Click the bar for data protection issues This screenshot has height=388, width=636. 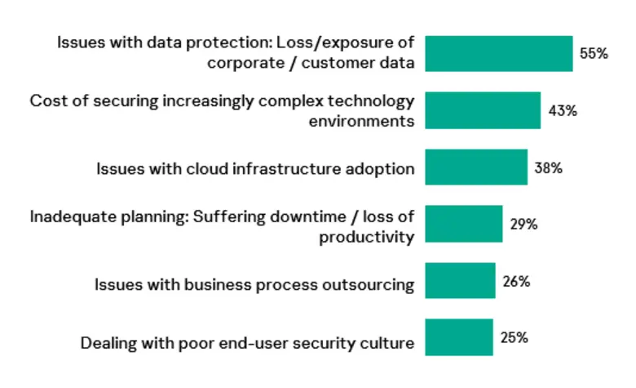[498, 54]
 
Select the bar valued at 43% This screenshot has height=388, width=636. [483, 110]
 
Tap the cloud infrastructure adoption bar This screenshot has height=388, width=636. [476, 167]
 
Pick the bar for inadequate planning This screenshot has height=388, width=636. [464, 224]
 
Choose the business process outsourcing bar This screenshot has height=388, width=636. [460, 281]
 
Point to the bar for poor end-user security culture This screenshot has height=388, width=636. [459, 337]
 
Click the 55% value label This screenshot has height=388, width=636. [594, 54]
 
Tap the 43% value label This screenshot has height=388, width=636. [562, 110]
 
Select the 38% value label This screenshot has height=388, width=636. [549, 167]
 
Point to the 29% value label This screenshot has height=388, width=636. [523, 224]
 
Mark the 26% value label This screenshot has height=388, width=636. [516, 281]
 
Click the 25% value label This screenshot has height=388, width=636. [514, 336]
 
